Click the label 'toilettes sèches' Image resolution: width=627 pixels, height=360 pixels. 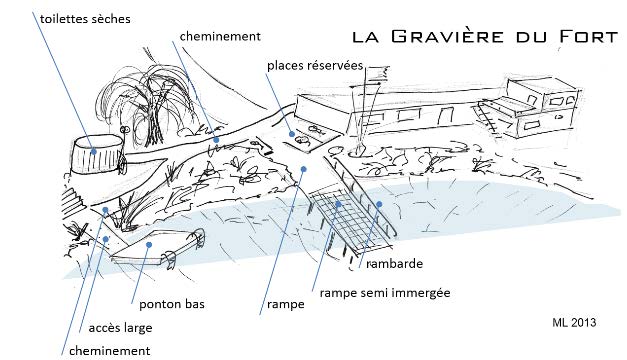point(85,19)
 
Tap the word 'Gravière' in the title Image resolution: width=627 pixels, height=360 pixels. point(447,36)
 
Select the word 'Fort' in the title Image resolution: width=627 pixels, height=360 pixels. point(588,37)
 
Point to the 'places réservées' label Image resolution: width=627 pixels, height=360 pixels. point(315,66)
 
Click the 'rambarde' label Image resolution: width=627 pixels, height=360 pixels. point(394,264)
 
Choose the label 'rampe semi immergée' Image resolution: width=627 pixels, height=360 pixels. point(385,293)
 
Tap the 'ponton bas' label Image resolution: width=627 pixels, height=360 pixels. point(172,304)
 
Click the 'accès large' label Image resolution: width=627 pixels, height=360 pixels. point(120,328)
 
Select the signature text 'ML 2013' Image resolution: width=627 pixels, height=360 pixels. point(574,322)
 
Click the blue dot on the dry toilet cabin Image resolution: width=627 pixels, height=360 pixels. point(94,151)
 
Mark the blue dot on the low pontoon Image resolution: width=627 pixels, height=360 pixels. point(149,244)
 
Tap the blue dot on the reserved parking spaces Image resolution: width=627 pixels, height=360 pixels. point(292,134)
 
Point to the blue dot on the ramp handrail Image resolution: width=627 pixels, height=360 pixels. point(379,204)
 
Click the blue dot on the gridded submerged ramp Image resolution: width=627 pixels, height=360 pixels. point(338,204)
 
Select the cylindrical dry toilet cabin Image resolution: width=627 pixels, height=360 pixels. point(98,154)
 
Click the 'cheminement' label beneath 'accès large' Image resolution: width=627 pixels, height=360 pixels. point(110,351)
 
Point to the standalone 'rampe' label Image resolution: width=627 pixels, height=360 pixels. point(286,304)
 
